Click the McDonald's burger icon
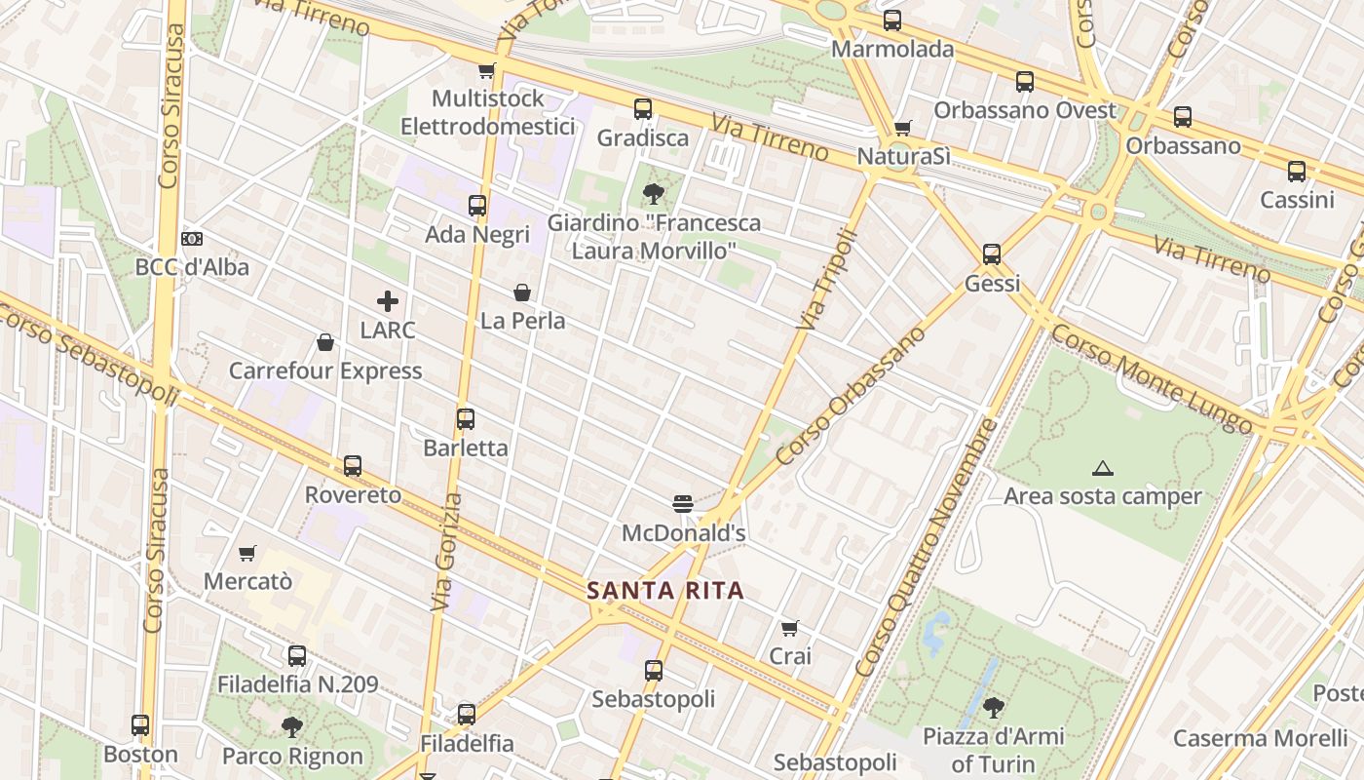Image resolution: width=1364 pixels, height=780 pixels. [x=682, y=503]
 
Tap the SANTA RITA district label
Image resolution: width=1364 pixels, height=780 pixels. [x=665, y=590]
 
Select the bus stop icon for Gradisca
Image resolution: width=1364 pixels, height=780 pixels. [x=642, y=109]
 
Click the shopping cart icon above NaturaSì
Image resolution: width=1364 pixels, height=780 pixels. [x=903, y=128]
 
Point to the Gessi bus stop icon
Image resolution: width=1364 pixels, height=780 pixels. [x=992, y=254]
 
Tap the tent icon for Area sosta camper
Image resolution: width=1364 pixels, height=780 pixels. [x=1102, y=468]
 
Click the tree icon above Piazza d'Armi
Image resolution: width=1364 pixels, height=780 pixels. [x=993, y=707]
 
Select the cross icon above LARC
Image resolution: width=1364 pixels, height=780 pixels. [x=388, y=301]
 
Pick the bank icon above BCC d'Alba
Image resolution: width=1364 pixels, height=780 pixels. [x=192, y=239]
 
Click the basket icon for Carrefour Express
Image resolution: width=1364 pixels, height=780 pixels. [x=325, y=342]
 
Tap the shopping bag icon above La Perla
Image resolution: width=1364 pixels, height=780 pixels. [x=522, y=292]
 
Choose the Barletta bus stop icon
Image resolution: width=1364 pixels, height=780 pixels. [x=466, y=419]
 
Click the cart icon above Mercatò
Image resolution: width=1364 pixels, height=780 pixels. [x=247, y=553]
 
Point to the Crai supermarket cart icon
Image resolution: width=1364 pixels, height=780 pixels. [x=790, y=628]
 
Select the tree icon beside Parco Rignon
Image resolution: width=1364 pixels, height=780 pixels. [x=291, y=726]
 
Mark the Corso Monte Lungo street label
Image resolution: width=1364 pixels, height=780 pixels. [x=1152, y=378]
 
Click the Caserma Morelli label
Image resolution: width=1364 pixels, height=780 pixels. [x=1260, y=738]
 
